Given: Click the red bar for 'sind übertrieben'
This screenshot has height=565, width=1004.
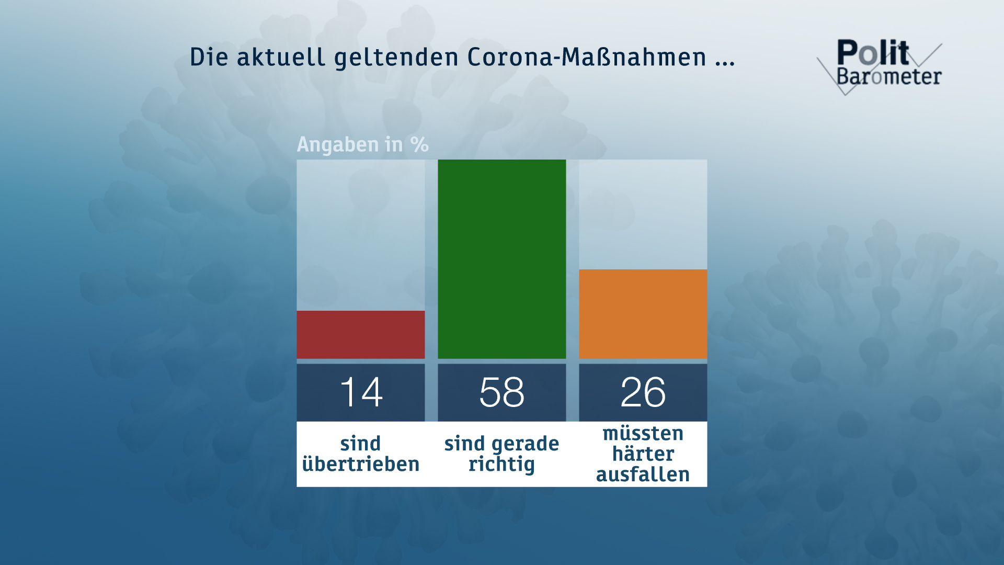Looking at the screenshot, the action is pos(361,335).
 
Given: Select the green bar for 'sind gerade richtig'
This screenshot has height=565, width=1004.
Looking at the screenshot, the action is pos(502,259).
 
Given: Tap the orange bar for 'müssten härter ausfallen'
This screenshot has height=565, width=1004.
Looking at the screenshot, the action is pos(643,314).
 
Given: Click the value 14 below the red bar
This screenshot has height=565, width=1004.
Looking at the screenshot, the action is pos(361,392).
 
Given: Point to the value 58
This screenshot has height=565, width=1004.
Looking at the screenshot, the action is pos(502,392).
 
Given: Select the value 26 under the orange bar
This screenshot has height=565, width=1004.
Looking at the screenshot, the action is pos(643,392).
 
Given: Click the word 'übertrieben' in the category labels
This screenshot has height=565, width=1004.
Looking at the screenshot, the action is pos(361,464).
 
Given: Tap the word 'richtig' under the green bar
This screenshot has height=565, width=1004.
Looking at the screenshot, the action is pos(502,465).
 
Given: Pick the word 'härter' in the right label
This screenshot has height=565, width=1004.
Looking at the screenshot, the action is pos(643,454).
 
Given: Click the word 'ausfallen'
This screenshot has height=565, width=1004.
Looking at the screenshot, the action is pos(643,474).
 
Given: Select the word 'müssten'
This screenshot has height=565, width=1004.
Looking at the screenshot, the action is pos(643,433).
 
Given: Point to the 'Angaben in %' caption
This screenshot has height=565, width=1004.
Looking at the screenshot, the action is pos(363,144).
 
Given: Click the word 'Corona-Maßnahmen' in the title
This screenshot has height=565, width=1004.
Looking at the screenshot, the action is pos(587,57).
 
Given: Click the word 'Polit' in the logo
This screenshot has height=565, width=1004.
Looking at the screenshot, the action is pos(873,52).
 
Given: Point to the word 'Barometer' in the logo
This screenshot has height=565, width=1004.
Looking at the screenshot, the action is pos(889,76).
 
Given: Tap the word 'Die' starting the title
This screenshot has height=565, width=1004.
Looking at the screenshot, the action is pos(209,57).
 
